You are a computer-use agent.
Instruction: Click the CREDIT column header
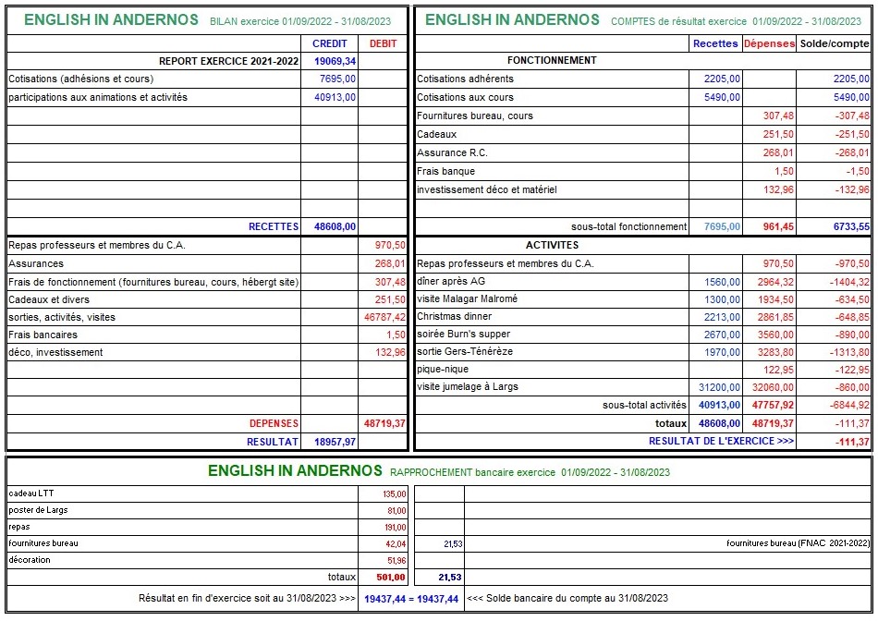[x=330, y=43]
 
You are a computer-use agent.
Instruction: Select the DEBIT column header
[x=383, y=43]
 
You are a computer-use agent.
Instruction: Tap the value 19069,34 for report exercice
[x=335, y=61]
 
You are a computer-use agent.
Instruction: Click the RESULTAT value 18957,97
[x=335, y=443]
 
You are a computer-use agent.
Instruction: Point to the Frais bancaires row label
[x=43, y=335]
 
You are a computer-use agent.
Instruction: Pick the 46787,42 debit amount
[x=385, y=317]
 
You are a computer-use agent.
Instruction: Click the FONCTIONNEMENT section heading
[x=552, y=60]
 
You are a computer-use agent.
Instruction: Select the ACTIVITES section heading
[x=552, y=245]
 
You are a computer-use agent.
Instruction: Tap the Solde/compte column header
[x=835, y=43]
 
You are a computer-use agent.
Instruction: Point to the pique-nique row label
[x=443, y=370]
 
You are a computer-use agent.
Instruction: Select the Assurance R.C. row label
[x=453, y=152]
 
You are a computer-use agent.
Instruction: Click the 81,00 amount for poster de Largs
[x=396, y=510]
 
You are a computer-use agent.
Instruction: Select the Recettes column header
[x=715, y=43]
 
